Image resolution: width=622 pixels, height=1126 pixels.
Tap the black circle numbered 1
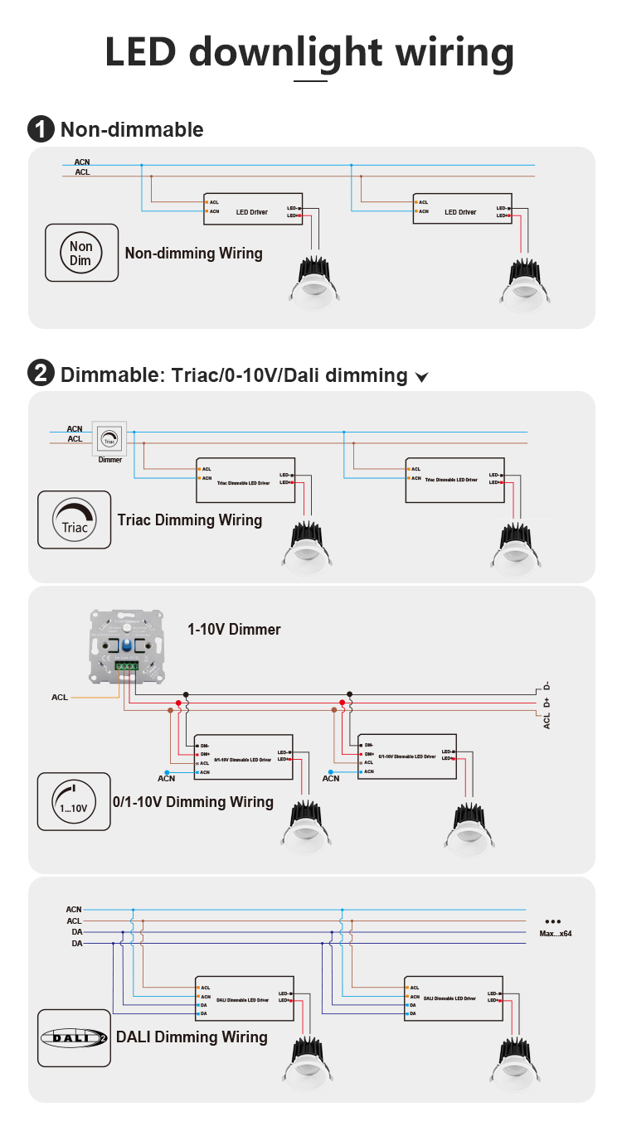pyautogui.click(x=40, y=129)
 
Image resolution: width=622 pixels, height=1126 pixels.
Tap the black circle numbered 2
pyautogui.click(x=40, y=374)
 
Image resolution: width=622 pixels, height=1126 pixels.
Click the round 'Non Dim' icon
pyautogui.click(x=81, y=253)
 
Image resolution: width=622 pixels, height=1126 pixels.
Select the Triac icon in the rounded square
pyautogui.click(x=74, y=520)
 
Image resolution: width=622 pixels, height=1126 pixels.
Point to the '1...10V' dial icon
pyautogui.click(x=74, y=801)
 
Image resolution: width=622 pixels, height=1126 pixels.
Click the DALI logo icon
pyautogui.click(x=74, y=1037)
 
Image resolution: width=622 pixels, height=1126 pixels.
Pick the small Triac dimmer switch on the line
pyautogui.click(x=109, y=437)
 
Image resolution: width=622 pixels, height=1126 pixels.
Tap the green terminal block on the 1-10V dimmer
pyautogui.click(x=127, y=664)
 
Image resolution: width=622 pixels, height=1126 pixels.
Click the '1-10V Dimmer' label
pyautogui.click(x=234, y=630)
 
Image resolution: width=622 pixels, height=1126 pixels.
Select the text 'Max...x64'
pyautogui.click(x=555, y=934)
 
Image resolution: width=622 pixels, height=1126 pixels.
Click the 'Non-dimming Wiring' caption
pyautogui.click(x=193, y=254)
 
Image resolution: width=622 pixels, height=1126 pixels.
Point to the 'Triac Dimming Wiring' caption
pyautogui.click(x=190, y=520)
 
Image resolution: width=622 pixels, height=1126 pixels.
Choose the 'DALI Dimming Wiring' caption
pyautogui.click(x=192, y=1037)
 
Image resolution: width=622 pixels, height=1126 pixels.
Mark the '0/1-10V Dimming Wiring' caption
pyautogui.click(x=192, y=802)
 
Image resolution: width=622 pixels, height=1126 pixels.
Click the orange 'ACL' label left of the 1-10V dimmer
pyautogui.click(x=60, y=698)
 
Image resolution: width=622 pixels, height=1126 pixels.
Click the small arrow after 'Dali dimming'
pyautogui.click(x=422, y=378)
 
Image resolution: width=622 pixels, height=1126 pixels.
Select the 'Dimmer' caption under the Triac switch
pyautogui.click(x=109, y=459)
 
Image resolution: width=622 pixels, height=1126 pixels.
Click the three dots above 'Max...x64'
pyautogui.click(x=553, y=921)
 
